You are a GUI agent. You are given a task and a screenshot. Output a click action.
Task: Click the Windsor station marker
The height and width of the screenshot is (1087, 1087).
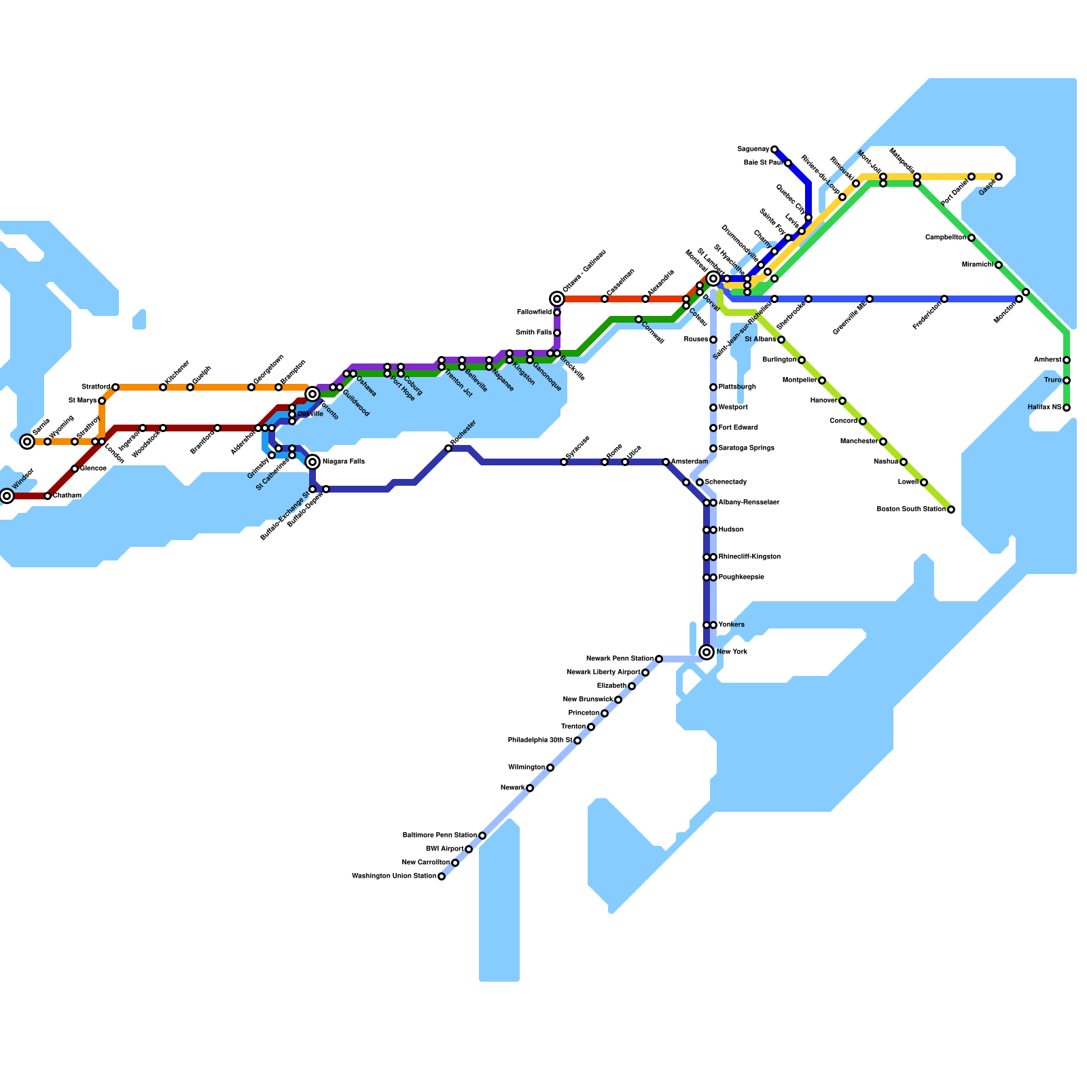pyautogui.click(x=7, y=496)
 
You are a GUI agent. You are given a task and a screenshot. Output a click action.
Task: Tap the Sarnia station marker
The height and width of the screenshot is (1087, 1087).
pyautogui.click(x=27, y=442)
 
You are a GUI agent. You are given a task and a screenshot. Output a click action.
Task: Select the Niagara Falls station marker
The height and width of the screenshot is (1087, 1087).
pyautogui.click(x=313, y=462)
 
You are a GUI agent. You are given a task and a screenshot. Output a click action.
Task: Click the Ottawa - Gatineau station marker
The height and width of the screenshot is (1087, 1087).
pyautogui.click(x=557, y=299)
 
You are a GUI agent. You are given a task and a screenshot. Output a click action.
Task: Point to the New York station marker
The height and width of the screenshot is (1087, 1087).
pyautogui.click(x=707, y=652)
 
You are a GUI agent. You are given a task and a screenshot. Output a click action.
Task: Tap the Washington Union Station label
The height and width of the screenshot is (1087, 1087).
pyautogui.click(x=394, y=876)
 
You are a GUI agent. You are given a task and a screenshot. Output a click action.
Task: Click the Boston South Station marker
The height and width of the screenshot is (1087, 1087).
pyautogui.click(x=951, y=510)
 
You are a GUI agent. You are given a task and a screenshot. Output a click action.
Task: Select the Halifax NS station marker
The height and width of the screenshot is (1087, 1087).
pyautogui.click(x=1067, y=408)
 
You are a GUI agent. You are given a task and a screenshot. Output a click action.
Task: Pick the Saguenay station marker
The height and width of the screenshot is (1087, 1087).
pyautogui.click(x=774, y=149)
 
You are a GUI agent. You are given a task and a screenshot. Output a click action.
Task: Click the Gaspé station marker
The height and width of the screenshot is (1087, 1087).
pyautogui.click(x=999, y=177)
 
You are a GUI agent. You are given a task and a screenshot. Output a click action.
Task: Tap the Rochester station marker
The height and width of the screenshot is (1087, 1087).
pyautogui.click(x=448, y=448)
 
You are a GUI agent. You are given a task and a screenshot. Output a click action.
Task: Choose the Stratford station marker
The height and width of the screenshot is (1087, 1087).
pyautogui.click(x=115, y=387)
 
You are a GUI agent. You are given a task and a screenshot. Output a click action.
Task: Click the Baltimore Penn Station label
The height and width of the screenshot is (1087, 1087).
pyautogui.click(x=440, y=836)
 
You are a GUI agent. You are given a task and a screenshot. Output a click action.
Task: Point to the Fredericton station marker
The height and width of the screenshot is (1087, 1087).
pyautogui.click(x=944, y=299)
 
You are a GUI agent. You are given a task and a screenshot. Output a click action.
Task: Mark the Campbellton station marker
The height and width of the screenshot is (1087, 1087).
pyautogui.click(x=972, y=238)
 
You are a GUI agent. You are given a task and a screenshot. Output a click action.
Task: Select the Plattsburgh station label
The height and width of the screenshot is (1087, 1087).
pyautogui.click(x=737, y=387)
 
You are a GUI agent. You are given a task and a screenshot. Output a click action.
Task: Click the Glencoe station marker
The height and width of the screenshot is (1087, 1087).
pyautogui.click(x=75, y=469)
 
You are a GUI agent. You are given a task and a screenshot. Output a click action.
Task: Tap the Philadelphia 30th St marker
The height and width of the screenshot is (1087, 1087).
pyautogui.click(x=577, y=741)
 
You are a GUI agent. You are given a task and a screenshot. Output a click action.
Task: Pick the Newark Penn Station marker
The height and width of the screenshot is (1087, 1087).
pyautogui.click(x=659, y=659)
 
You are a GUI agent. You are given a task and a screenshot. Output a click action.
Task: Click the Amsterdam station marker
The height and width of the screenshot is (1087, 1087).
pyautogui.click(x=666, y=462)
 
